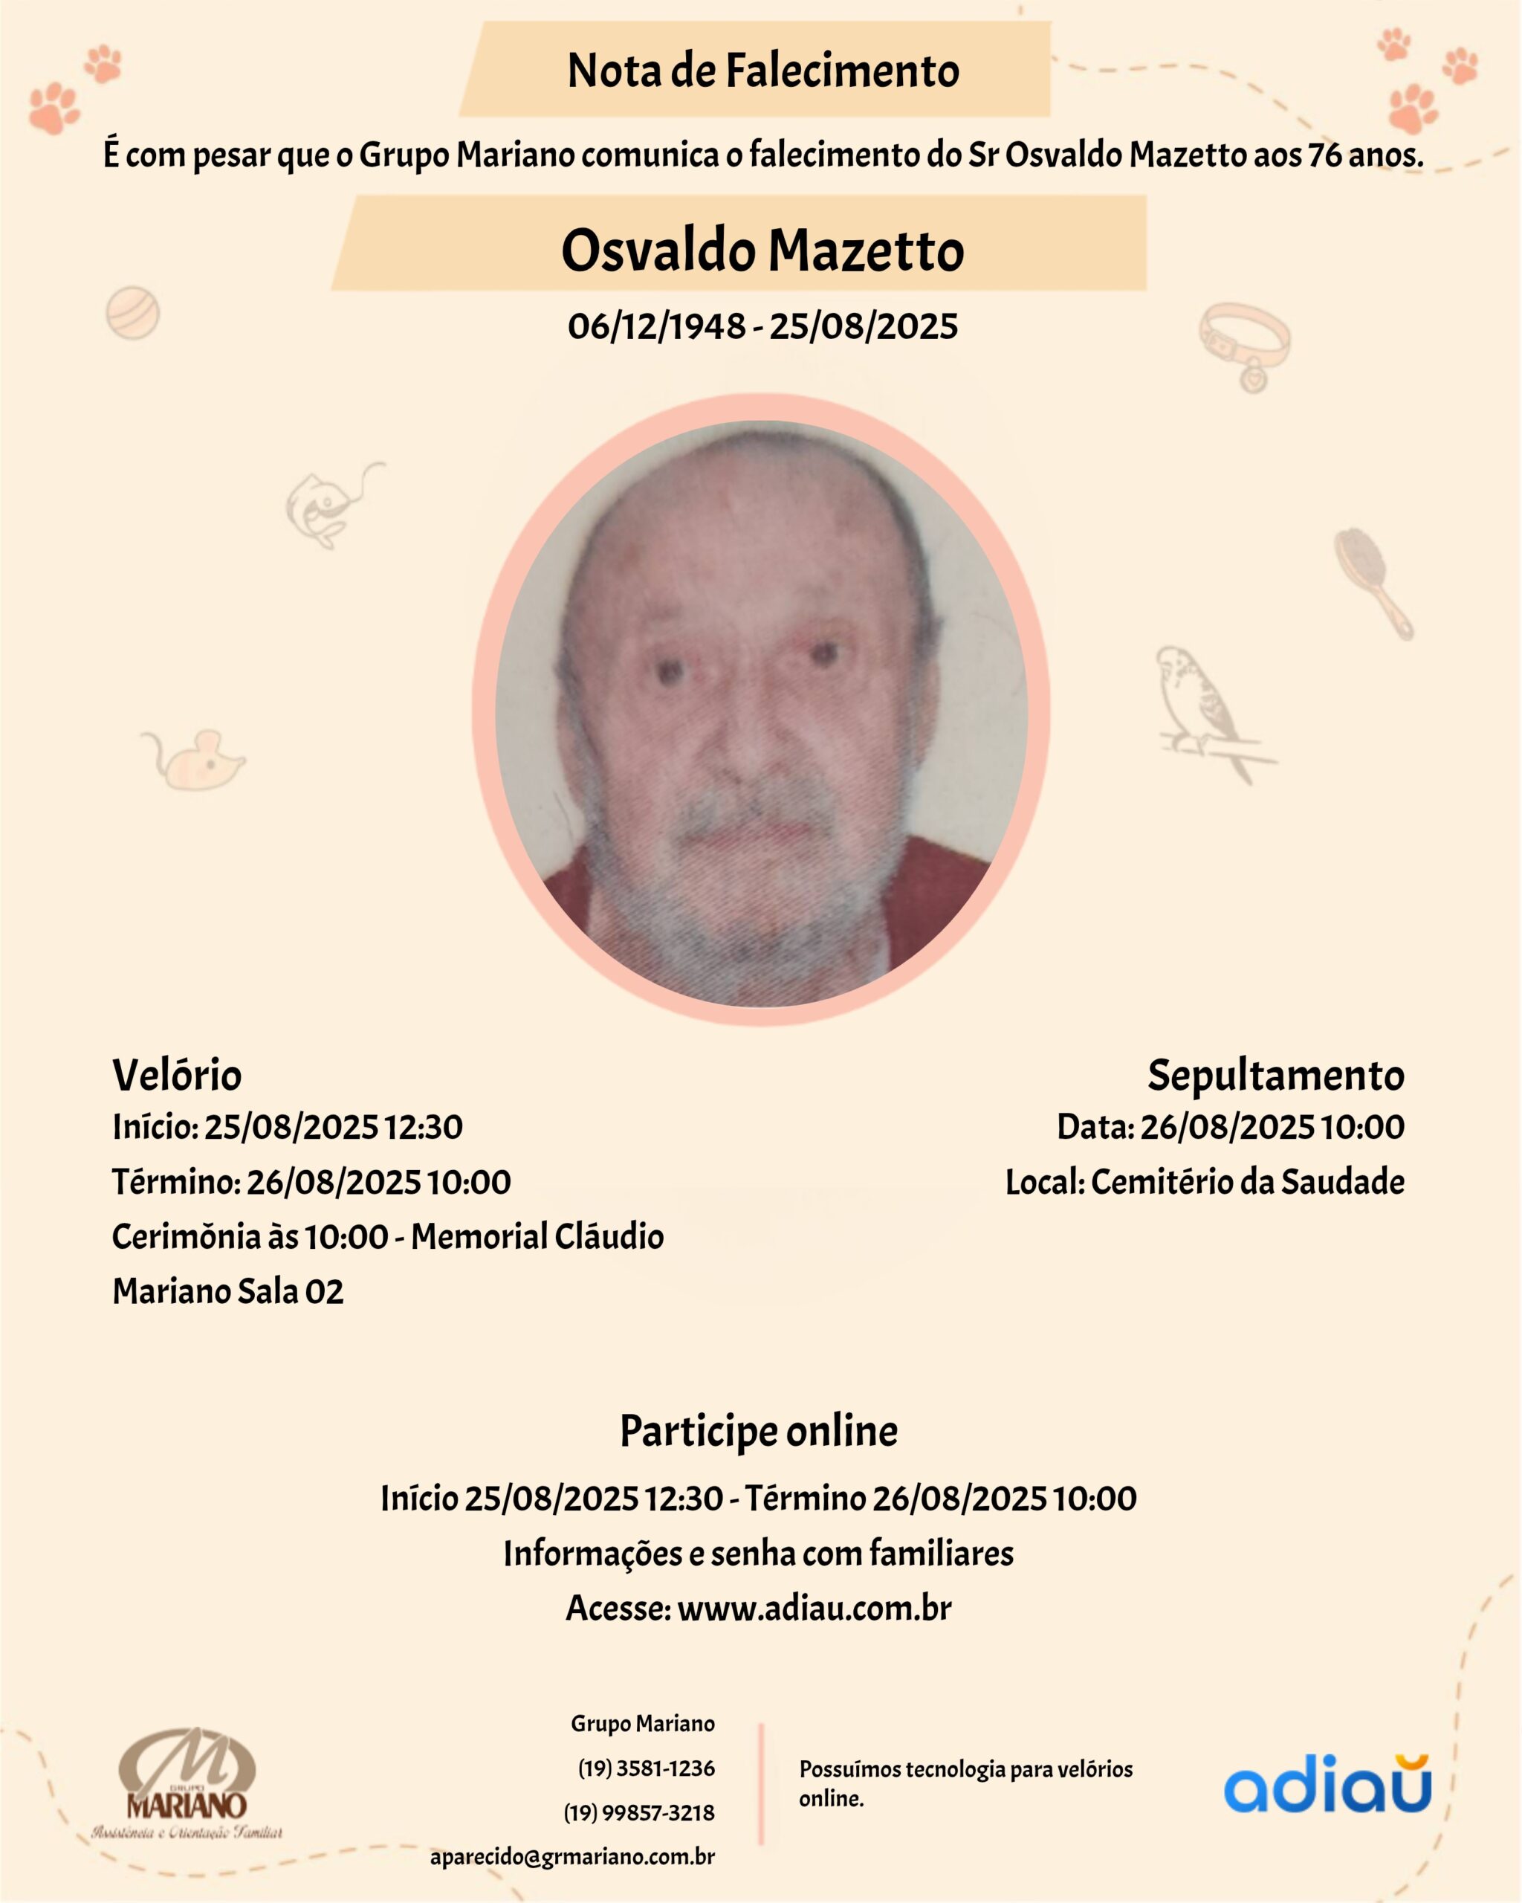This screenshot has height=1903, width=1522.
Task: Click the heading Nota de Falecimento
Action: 762,71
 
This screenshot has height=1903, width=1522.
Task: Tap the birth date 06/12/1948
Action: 656,326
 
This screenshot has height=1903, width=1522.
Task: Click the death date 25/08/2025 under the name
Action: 863,326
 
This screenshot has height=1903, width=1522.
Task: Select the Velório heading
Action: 176,1075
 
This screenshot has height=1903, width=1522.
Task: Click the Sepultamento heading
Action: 1275,1075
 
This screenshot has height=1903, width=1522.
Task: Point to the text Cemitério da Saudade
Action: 1247,1182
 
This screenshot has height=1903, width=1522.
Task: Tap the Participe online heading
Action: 759,1431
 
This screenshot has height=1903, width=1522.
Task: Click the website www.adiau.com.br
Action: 814,1608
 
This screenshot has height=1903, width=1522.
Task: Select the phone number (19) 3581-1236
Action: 646,1768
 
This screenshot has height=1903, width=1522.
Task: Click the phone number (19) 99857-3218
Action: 639,1813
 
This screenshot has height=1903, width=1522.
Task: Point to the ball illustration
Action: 132,312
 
